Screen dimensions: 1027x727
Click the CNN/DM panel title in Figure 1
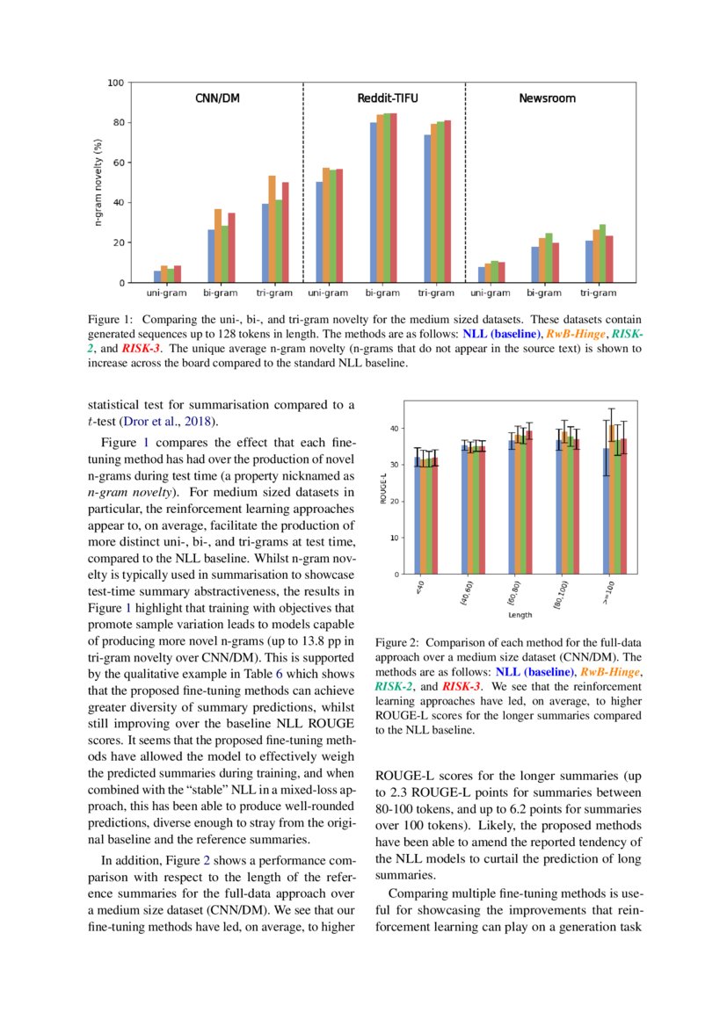tap(216, 98)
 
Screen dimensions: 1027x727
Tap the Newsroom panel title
tap(547, 98)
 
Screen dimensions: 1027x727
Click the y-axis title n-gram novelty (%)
tap(99, 183)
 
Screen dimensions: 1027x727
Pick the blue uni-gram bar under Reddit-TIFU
tap(320, 232)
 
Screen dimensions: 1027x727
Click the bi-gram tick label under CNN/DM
tap(220, 293)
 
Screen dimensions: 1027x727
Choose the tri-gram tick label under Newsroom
tap(599, 293)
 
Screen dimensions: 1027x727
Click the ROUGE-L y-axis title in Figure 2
tap(382, 488)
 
